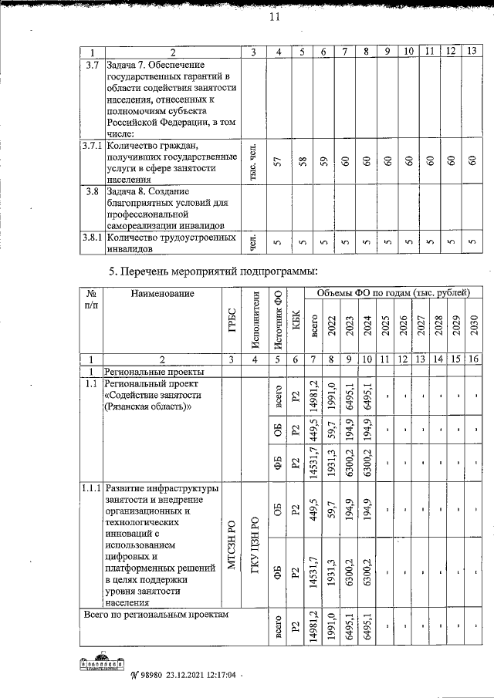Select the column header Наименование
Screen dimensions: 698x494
tap(161, 293)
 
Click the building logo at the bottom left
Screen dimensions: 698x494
tap(101, 664)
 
